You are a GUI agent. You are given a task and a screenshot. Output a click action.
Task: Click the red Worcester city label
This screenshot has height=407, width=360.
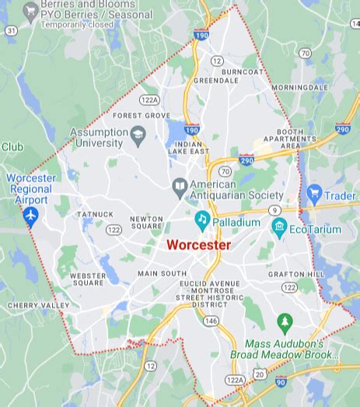pos(198,244)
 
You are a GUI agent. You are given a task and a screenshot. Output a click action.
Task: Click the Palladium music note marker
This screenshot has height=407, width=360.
pos(202,221)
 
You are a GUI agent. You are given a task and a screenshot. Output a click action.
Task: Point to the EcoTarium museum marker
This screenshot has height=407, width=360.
pos(280,228)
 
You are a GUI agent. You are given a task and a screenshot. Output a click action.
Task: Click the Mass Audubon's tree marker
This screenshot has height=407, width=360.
pos(285,321)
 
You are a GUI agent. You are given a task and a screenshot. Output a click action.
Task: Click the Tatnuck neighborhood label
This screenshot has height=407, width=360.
pos(95,214)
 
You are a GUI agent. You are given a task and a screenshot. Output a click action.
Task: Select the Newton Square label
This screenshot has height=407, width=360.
pos(146,223)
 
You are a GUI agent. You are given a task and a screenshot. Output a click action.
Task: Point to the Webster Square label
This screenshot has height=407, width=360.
pos(87,279)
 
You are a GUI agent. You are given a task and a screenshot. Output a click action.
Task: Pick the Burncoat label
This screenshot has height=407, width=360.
pos(242,72)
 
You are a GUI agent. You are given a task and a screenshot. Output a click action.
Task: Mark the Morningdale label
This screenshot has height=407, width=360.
pos(300,87)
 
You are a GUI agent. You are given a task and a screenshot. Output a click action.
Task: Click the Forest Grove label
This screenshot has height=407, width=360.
pos(142,115)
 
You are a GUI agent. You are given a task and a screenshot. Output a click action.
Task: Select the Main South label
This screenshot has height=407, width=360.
pos(162,274)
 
